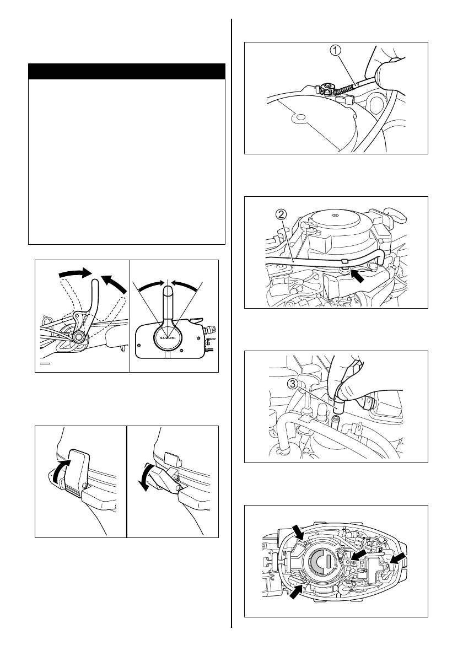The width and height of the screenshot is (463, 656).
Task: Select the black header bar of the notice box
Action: (127, 72)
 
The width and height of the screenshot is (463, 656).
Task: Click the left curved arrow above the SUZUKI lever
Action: (150, 287)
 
